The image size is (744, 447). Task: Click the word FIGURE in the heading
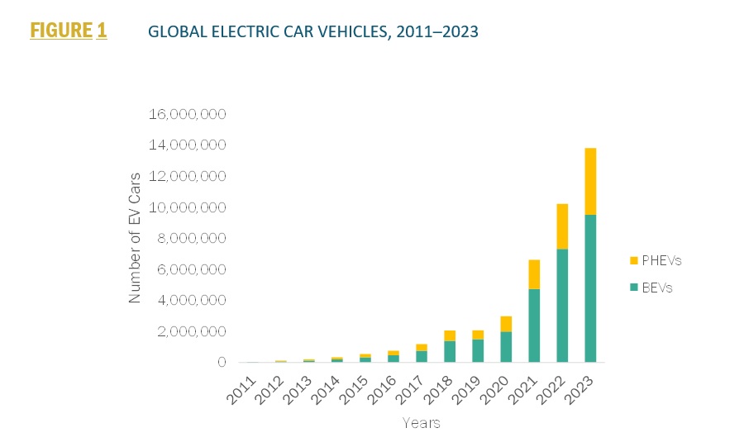pos(60,31)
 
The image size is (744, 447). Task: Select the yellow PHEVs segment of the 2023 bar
pos(590,181)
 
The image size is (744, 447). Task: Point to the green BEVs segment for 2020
pos(506,346)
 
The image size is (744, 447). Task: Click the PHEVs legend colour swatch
pos(633,260)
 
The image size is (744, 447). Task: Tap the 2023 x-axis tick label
pos(584,385)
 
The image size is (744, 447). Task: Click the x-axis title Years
pos(421,423)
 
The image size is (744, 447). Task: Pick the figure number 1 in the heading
pos(102,31)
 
